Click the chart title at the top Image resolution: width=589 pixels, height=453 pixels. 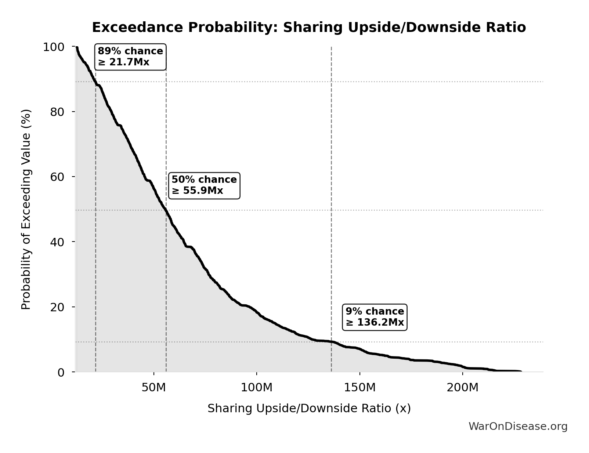[x=308, y=28]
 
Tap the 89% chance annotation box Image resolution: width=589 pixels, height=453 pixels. [x=130, y=57]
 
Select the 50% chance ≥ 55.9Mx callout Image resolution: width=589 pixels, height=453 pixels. [x=204, y=185]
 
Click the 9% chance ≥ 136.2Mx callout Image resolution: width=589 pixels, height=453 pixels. [x=375, y=317]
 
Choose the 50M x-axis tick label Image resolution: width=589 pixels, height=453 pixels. [x=153, y=388]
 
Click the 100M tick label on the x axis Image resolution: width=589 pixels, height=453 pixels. [x=257, y=388]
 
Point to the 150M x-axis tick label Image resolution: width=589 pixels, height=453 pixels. [x=359, y=388]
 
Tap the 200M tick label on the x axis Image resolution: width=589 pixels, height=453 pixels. [x=462, y=388]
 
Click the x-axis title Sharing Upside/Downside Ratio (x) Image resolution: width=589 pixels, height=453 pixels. [x=309, y=409]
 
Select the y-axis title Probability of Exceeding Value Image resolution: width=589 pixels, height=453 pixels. [x=26, y=209]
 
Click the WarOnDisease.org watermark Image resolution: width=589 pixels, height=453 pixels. [x=518, y=426]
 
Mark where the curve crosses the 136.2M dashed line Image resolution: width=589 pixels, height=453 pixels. [x=331, y=342]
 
